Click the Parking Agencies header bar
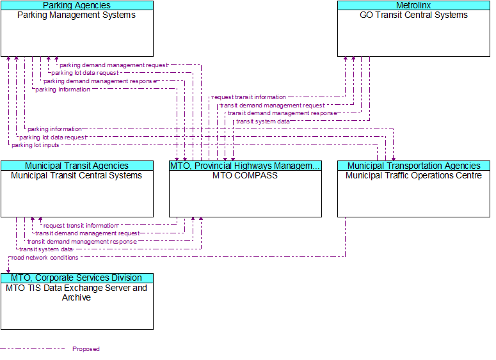coord(77,5)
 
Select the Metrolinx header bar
coord(413,5)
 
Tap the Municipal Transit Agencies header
coord(77,166)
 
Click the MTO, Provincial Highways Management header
coord(245,166)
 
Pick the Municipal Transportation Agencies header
coord(413,166)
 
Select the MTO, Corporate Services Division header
coord(77,278)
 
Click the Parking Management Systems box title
coord(77,15)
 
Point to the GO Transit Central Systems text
coord(413,15)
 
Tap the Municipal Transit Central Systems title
coord(77,175)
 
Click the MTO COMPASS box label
coord(245,175)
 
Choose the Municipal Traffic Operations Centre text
coord(413,175)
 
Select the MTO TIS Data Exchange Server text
coord(77,288)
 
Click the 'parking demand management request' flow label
coord(113,65)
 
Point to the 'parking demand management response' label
coord(99,81)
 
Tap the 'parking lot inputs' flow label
coord(35,145)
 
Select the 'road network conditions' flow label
coord(45,258)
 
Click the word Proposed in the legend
coord(86,349)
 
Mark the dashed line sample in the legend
coord(32,349)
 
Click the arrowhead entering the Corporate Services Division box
coord(8,270)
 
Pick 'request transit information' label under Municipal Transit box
coord(80,226)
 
